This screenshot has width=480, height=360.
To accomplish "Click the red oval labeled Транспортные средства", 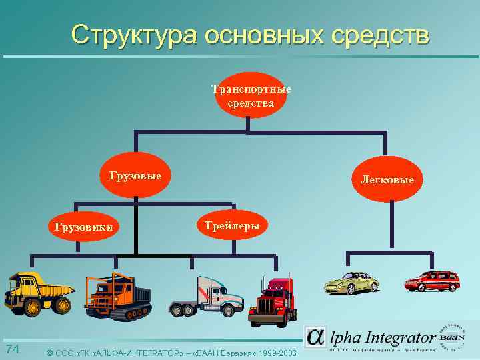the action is pyautogui.click(x=251, y=95).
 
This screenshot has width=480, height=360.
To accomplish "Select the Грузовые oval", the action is pyautogui.click(x=135, y=176).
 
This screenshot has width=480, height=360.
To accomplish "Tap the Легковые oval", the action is pyautogui.click(x=387, y=179).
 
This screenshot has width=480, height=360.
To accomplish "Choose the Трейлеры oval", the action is pyautogui.click(x=233, y=225).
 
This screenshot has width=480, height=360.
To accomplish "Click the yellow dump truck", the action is pyautogui.click(x=38, y=293).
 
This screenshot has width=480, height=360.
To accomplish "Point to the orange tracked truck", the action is pyautogui.click(x=118, y=297).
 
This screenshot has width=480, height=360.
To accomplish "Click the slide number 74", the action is pyautogui.click(x=12, y=350).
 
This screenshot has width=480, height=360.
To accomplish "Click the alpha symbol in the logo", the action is pyautogui.click(x=316, y=337).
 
